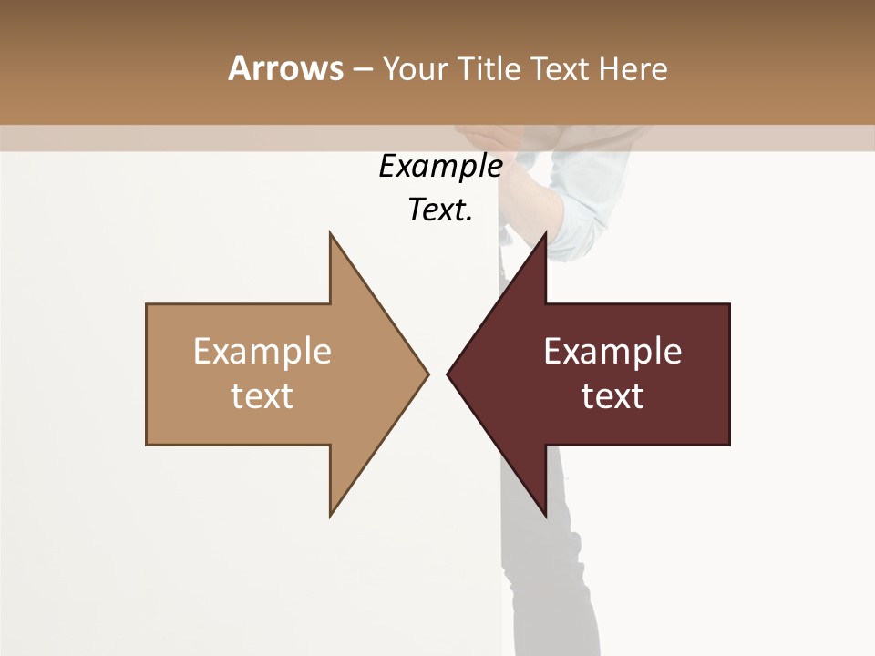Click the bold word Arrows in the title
(x=285, y=68)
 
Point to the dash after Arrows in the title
(x=362, y=70)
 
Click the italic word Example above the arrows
(x=440, y=167)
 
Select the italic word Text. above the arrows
(x=440, y=210)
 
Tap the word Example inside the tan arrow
(x=262, y=351)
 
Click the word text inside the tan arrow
(x=262, y=396)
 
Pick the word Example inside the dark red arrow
(x=612, y=351)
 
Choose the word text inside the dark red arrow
(x=612, y=396)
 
